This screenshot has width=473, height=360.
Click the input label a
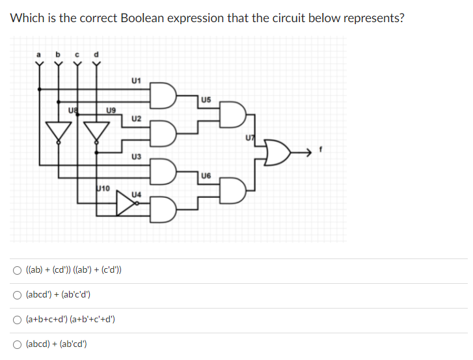click(x=39, y=54)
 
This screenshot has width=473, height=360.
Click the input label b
click(x=59, y=53)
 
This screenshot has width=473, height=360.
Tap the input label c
click(x=78, y=54)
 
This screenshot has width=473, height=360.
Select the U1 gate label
click(x=136, y=81)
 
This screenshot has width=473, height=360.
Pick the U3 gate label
click(x=136, y=157)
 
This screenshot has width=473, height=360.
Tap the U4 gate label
click(x=136, y=195)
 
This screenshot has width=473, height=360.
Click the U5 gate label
click(x=206, y=100)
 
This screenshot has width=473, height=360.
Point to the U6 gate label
click(x=206, y=176)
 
